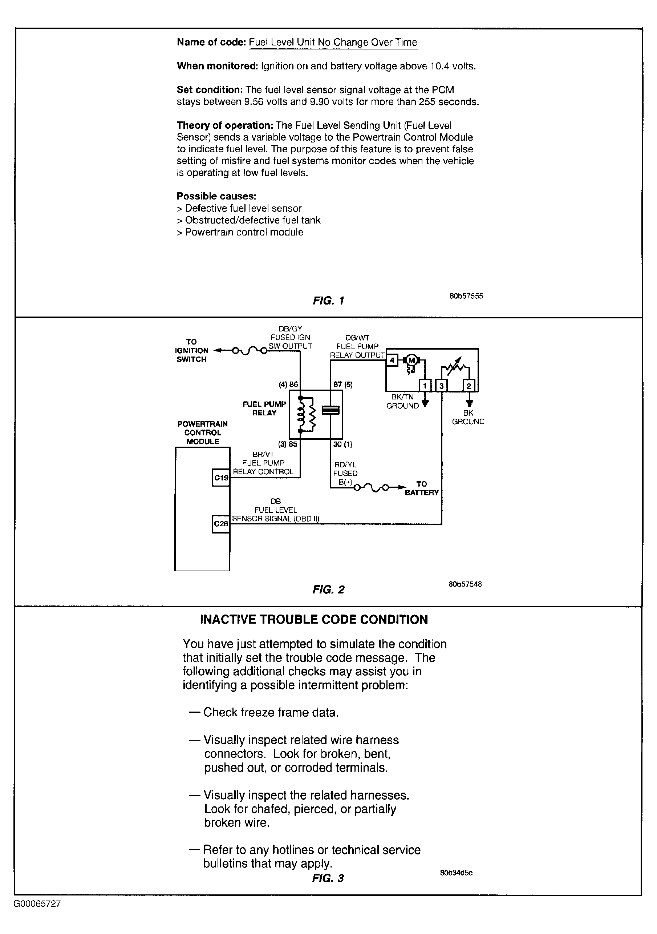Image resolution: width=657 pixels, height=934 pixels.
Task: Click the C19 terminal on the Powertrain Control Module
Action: click(x=221, y=478)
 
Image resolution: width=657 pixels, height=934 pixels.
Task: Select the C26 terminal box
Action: click(x=221, y=524)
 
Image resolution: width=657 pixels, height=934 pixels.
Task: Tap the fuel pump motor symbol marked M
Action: click(x=411, y=359)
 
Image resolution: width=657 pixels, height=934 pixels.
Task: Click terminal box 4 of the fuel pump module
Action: click(x=392, y=360)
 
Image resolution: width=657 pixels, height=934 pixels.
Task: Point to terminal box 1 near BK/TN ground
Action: click(x=425, y=385)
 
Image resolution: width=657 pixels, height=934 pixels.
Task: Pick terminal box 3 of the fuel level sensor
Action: click(x=442, y=386)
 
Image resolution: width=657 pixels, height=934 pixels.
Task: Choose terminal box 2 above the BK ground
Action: click(x=469, y=386)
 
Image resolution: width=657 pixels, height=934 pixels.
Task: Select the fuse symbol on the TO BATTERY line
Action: click(x=372, y=487)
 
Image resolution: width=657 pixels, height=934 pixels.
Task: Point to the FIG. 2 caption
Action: click(x=328, y=590)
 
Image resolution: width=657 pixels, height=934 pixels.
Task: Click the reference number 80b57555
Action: click(x=466, y=296)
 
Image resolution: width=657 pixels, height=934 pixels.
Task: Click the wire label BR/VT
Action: click(x=263, y=454)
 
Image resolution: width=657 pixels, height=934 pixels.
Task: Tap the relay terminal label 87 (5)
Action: click(x=343, y=385)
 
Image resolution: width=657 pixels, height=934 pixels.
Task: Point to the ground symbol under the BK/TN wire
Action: click(x=425, y=403)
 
